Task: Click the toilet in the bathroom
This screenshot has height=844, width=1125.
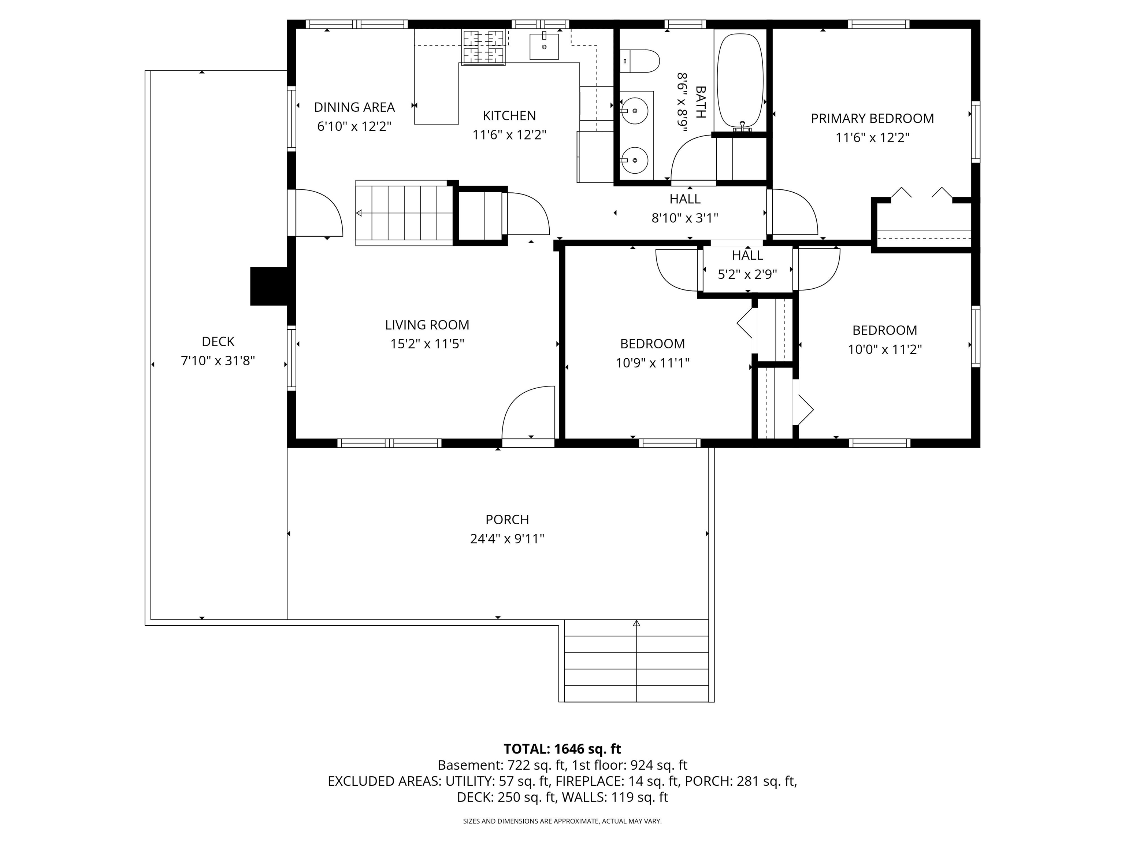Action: coord(640,61)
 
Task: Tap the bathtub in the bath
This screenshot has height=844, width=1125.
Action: coord(740,80)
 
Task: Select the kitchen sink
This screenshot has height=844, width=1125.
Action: coord(544,46)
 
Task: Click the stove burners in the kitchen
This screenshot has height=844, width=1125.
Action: coord(483,47)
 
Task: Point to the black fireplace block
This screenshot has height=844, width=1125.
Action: coord(270,286)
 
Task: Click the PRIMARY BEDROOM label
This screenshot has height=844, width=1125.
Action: coord(872,119)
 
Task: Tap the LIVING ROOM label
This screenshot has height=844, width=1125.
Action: coord(427,325)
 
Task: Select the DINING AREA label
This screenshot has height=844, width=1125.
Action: coord(354,107)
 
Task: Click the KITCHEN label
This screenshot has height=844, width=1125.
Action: coord(509,116)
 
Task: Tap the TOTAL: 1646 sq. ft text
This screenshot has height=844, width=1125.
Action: coord(562,749)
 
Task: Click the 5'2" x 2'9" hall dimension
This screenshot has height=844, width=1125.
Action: coord(747,275)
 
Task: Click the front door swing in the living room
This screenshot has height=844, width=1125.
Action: coord(528,412)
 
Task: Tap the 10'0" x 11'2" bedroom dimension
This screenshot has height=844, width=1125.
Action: coord(884,349)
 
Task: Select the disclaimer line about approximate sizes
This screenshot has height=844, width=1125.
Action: coord(562,821)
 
